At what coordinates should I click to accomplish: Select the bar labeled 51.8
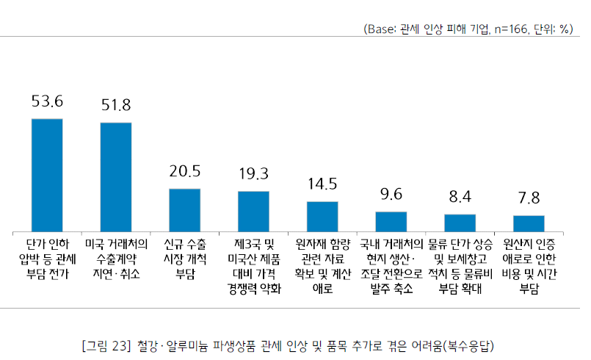coord(115,177)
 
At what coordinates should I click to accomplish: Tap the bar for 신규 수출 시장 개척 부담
coord(185,210)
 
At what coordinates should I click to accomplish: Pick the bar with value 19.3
coord(253,212)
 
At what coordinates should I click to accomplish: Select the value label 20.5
coord(185,171)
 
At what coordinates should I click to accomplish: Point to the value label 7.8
coord(529,198)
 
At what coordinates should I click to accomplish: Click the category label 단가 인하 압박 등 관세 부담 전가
coord(47,257)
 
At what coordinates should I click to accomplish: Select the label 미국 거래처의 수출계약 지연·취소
coord(115,257)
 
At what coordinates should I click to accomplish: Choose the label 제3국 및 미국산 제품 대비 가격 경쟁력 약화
coord(253,264)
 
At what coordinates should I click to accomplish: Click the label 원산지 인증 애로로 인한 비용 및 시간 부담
coord(529,264)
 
